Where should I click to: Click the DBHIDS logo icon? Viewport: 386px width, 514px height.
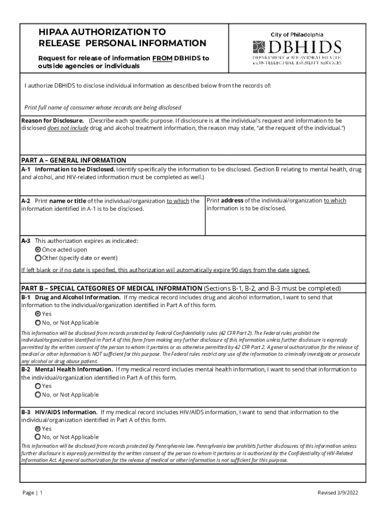258,48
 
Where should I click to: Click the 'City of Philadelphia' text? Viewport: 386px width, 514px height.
297,35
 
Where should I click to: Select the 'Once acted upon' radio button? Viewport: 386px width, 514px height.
38,249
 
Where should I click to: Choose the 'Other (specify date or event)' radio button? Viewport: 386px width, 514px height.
38,258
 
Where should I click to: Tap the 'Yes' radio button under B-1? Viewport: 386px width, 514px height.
38,314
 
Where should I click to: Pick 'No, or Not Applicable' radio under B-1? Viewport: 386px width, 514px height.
38,323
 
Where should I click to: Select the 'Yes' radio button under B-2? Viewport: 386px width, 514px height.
38,387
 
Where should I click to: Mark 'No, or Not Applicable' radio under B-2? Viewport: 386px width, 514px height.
38,395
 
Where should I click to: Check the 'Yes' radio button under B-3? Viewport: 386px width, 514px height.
38,429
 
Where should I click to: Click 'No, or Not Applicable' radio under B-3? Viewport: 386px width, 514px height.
38,437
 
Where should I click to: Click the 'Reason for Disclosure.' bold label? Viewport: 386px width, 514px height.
53,121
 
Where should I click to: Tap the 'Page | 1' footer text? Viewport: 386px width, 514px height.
33,493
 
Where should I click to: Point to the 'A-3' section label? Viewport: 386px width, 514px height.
26,241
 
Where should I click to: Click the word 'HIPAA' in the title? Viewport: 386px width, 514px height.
54,32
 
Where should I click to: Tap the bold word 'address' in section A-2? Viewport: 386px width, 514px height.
232,201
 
